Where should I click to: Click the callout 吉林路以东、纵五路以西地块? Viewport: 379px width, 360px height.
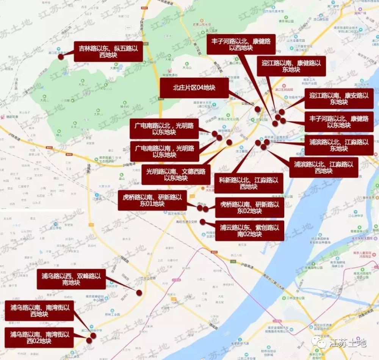tap(108, 52)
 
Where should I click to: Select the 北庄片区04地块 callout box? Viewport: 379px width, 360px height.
tap(194, 88)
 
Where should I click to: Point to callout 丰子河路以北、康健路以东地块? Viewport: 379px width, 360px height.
tap(339, 122)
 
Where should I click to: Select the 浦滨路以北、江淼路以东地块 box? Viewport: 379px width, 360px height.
tap(339, 145)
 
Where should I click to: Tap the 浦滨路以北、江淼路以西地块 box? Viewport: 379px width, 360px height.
tap(323, 168)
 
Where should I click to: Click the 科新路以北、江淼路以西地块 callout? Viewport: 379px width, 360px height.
tap(249, 183)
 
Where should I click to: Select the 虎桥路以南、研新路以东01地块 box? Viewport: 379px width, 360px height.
tap(152, 200)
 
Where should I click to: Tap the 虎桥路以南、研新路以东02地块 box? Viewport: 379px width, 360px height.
tap(249, 207)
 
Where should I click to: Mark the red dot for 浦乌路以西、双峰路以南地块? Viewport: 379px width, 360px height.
tap(139, 292)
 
